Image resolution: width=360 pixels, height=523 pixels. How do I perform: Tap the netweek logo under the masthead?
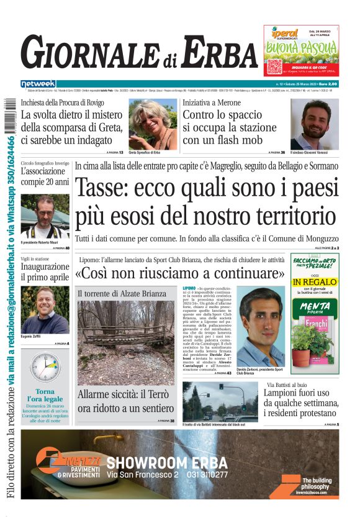click(38, 83)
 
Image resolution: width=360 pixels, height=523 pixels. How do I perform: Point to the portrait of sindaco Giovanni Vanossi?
click(315, 124)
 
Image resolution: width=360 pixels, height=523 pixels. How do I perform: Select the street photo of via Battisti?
click(220, 401)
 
